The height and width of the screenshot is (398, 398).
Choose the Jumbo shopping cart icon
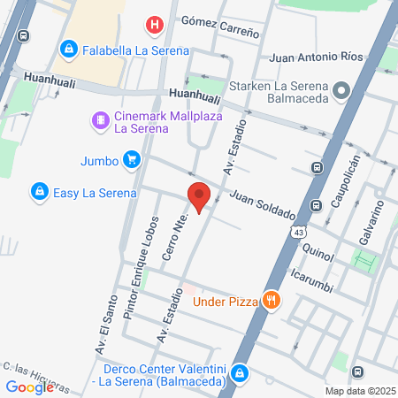pos(131,160)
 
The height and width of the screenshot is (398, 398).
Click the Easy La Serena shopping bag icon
pos(39,190)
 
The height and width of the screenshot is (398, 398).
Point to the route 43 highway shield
pos(301,231)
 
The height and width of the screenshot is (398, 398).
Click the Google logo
pos(29,387)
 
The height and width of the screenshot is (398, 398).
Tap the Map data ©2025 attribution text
pos(359,391)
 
